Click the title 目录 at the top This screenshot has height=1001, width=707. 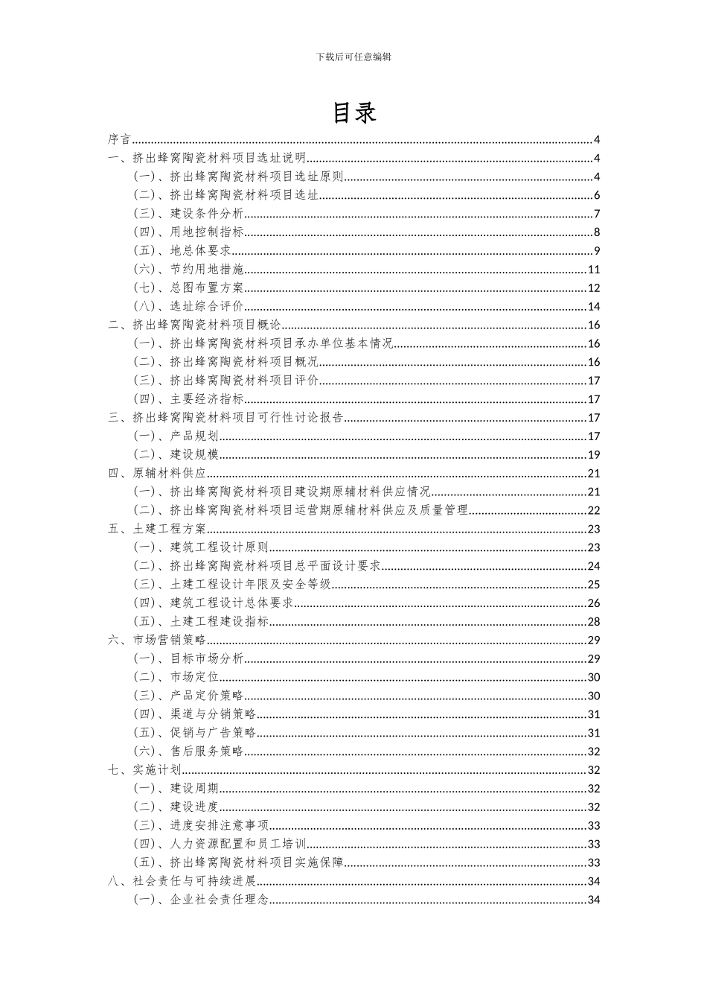pyautogui.click(x=353, y=112)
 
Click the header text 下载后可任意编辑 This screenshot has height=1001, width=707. pyautogui.click(x=353, y=57)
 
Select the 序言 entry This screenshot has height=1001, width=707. pyautogui.click(x=119, y=139)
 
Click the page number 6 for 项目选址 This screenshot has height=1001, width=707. pyautogui.click(x=597, y=195)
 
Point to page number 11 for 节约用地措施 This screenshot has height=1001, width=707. pyautogui.click(x=594, y=270)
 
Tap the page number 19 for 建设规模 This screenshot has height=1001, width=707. pyautogui.click(x=594, y=455)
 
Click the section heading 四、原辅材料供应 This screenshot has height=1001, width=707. pyautogui.click(x=157, y=474)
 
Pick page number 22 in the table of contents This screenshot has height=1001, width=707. pyautogui.click(x=594, y=510)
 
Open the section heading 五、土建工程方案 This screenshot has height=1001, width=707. pyautogui.click(x=157, y=529)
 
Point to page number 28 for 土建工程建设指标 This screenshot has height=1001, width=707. pyautogui.click(x=594, y=622)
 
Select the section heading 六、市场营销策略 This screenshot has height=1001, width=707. pyautogui.click(x=157, y=641)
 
